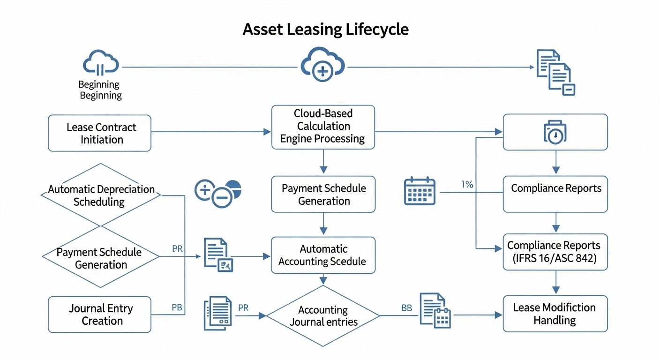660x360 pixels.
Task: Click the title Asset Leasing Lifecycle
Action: coord(325,29)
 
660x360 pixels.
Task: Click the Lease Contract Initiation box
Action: coord(100,133)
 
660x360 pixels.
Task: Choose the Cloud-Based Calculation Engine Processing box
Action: coord(323,127)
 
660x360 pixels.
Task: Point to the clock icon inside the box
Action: coord(555,133)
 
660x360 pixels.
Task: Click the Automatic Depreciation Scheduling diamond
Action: coord(101,195)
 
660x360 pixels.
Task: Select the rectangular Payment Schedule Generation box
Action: coord(323,195)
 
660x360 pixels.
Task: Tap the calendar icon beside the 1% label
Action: coord(420,191)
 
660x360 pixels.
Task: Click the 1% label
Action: coord(467,185)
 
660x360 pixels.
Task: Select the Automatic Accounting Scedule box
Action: coord(323,255)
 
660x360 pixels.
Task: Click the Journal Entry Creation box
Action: coord(100,315)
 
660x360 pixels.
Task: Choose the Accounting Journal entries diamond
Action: coord(323,316)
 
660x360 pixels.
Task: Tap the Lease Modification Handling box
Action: coord(555,314)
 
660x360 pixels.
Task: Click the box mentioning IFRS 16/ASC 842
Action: coord(555,252)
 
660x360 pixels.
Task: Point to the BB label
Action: coord(406,308)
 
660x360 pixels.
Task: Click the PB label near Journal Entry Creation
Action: coord(177,308)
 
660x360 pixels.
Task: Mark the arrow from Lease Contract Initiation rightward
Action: coord(211,132)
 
